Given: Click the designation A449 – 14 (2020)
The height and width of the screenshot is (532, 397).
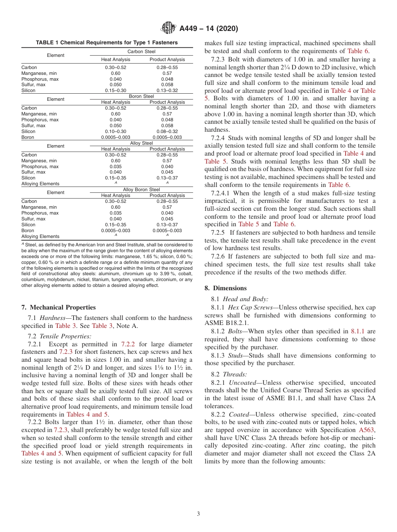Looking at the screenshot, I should coord(209,29).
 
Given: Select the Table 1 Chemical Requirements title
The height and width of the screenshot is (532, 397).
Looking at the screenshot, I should coord(107,43).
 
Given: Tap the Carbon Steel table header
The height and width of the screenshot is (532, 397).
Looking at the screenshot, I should coord(141,51).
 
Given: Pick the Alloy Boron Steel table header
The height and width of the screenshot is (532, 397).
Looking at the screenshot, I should coord(141,189).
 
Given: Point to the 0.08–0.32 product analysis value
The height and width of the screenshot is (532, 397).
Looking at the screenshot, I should coord(167,131).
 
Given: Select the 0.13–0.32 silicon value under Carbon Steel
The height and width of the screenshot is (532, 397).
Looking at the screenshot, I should coord(167,90).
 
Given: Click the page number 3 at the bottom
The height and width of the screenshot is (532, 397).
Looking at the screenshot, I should coord(198,514).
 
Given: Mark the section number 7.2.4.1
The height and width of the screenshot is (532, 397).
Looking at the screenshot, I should coord(221,193).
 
